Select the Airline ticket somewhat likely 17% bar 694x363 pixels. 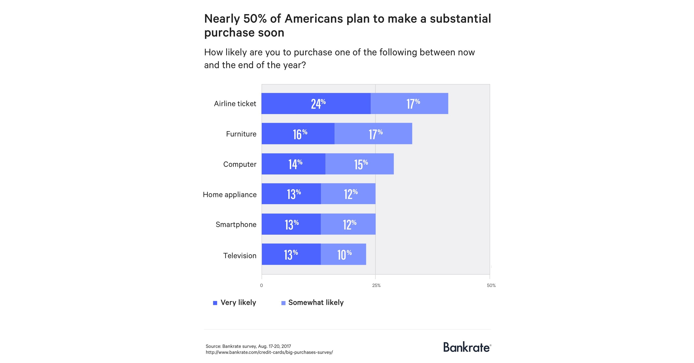[x=409, y=103]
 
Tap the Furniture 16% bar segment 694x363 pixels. [x=298, y=134]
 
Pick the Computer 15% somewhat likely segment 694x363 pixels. [x=359, y=164]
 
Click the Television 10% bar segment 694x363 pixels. [x=343, y=254]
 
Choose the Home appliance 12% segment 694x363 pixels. [x=348, y=194]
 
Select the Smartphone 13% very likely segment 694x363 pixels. [x=291, y=224]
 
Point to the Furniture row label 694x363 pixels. [x=241, y=134]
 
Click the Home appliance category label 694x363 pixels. [x=230, y=194]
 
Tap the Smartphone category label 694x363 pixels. [x=236, y=224]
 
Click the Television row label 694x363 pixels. [x=240, y=256]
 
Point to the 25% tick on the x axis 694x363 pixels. [x=376, y=285]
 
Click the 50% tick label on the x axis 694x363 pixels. [x=491, y=285]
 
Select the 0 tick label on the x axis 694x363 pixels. [x=261, y=285]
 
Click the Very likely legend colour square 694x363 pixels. [x=215, y=303]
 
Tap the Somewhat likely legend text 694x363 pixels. [x=316, y=302]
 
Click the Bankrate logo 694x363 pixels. [x=467, y=347]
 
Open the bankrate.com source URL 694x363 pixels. [x=269, y=352]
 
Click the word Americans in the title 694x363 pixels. [x=313, y=19]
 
